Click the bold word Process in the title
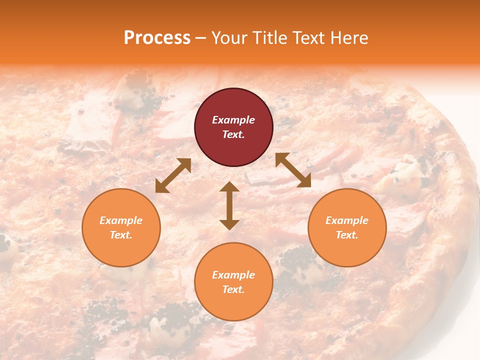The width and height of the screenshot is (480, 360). pyautogui.click(x=157, y=38)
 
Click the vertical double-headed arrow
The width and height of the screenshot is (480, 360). pyautogui.click(x=229, y=205)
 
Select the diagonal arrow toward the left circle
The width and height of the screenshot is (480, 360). pyautogui.click(x=173, y=175)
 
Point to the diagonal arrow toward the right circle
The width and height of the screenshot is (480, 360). pyautogui.click(x=293, y=170)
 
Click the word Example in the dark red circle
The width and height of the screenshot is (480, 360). pyautogui.click(x=233, y=120)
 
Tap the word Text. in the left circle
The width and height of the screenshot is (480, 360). pyautogui.click(x=121, y=235)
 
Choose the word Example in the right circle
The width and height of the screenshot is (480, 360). pyautogui.click(x=347, y=220)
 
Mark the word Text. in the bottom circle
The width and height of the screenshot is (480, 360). pyautogui.click(x=233, y=289)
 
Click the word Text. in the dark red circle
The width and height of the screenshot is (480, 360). pyautogui.click(x=233, y=134)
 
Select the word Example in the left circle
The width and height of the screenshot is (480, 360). pyautogui.click(x=121, y=220)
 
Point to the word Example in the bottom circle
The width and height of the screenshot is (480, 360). pyautogui.click(x=233, y=275)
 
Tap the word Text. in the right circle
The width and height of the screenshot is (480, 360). pyautogui.click(x=347, y=235)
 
